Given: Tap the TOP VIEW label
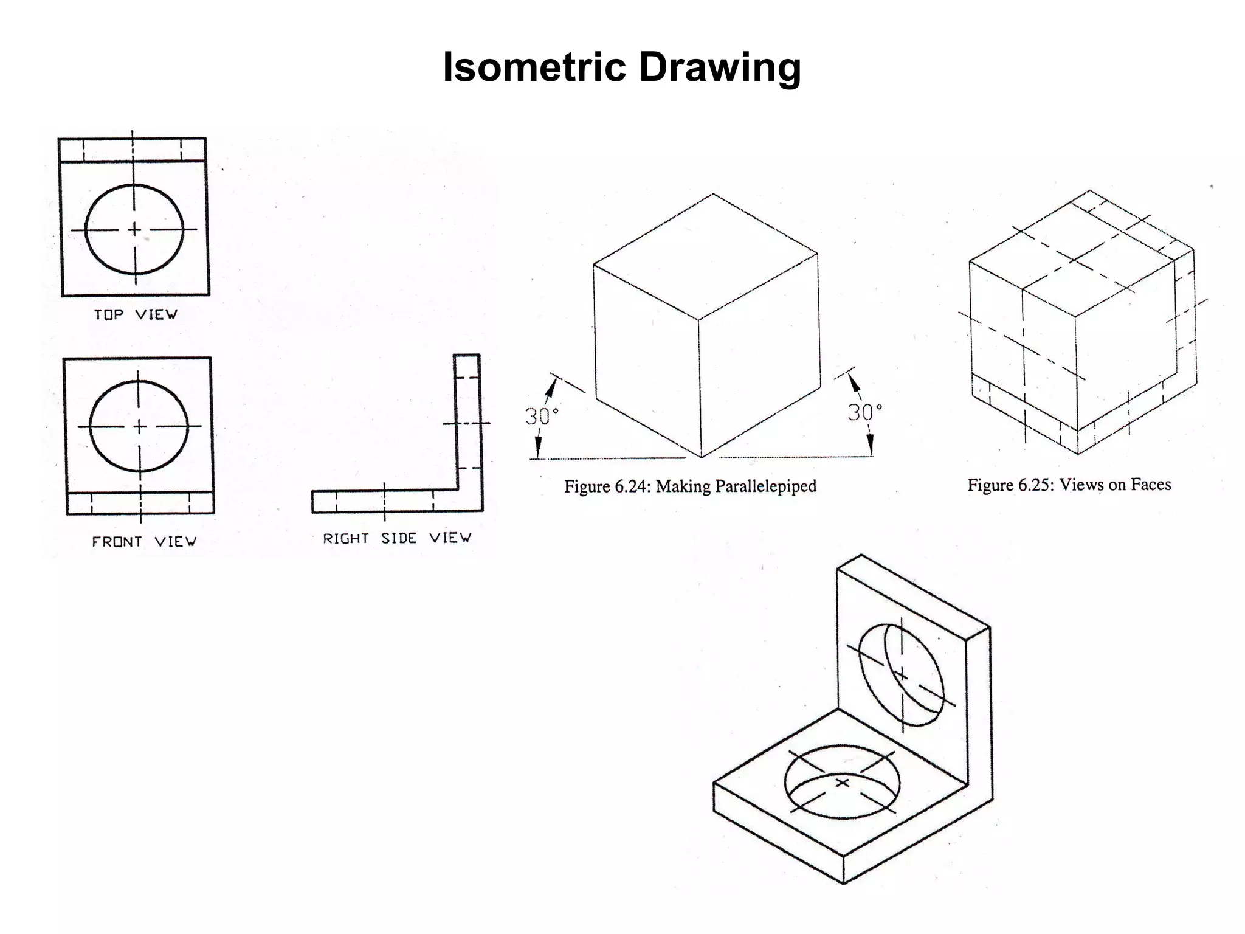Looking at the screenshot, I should (x=136, y=314).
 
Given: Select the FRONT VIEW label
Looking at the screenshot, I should (x=144, y=541).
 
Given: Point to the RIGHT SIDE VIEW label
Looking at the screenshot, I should (x=397, y=538).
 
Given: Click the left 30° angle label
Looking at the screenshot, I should (x=541, y=417).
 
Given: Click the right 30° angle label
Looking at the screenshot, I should (x=864, y=413).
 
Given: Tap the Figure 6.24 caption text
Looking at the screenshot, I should (x=689, y=486).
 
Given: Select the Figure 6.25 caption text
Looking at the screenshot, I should (x=1069, y=485).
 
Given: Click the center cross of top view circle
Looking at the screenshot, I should (x=134, y=229).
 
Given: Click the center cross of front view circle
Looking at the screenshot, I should (x=139, y=426).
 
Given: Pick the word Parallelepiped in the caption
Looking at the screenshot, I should (x=765, y=486).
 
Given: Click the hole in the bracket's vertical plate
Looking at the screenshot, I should (x=902, y=675).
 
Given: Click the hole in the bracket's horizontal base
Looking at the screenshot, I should (x=842, y=783).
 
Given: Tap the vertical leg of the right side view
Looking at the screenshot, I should (x=468, y=426).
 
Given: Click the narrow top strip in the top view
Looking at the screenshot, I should (x=133, y=150).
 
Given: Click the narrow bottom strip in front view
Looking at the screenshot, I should (x=140, y=503).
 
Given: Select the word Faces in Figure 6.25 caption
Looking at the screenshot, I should (x=1150, y=485).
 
